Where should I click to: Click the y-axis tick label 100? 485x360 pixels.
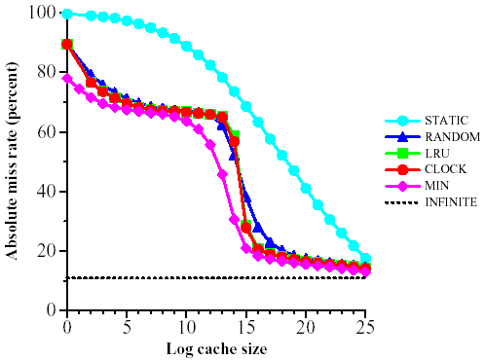[41, 13]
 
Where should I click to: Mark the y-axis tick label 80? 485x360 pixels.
[45, 72]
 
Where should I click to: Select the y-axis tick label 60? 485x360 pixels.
[45, 131]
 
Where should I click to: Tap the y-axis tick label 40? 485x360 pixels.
[45, 191]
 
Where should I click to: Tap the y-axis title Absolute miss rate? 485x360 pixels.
[15, 161]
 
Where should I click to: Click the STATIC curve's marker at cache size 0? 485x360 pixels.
[67, 15]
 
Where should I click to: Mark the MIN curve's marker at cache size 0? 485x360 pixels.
[67, 79]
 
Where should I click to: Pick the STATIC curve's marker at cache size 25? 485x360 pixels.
[365, 259]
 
